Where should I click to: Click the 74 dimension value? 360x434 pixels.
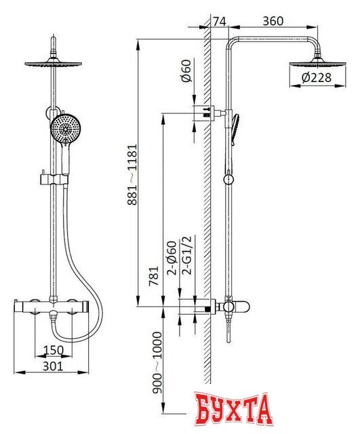click(x=220, y=21)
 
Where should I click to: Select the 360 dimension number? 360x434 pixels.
click(x=273, y=21)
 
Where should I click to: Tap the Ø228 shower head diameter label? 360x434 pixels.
click(x=317, y=78)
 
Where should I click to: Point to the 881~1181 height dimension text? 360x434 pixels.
click(x=132, y=174)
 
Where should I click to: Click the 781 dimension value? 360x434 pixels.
click(x=154, y=276)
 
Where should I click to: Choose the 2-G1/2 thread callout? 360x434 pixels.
click(x=187, y=255)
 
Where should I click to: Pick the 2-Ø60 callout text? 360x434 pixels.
click(x=172, y=258)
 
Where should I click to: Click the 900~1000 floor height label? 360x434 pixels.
click(x=157, y=363)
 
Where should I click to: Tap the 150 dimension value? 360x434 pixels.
click(x=53, y=350)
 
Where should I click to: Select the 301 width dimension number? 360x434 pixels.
click(x=53, y=366)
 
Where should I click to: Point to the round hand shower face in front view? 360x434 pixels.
click(x=64, y=129)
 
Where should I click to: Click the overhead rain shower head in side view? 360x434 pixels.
click(x=318, y=62)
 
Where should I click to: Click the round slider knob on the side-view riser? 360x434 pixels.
click(x=228, y=180)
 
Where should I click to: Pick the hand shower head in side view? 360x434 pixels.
click(x=235, y=129)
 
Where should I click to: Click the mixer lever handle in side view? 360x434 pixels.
click(x=240, y=307)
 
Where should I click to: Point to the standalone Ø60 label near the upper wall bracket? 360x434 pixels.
click(x=187, y=71)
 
